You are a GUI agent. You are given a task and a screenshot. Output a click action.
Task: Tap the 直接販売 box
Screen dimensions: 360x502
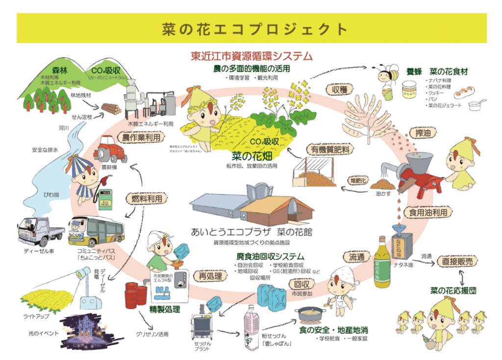coord(457,262)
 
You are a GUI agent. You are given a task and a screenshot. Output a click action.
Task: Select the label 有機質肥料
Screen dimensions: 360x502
coord(326,149)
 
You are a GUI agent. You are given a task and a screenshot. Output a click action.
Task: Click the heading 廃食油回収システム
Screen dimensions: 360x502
coord(270,257)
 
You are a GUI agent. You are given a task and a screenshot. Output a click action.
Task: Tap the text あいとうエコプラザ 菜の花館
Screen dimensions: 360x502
coord(251,232)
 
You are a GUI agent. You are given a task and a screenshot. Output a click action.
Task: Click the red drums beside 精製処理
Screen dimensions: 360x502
coord(136,294)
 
